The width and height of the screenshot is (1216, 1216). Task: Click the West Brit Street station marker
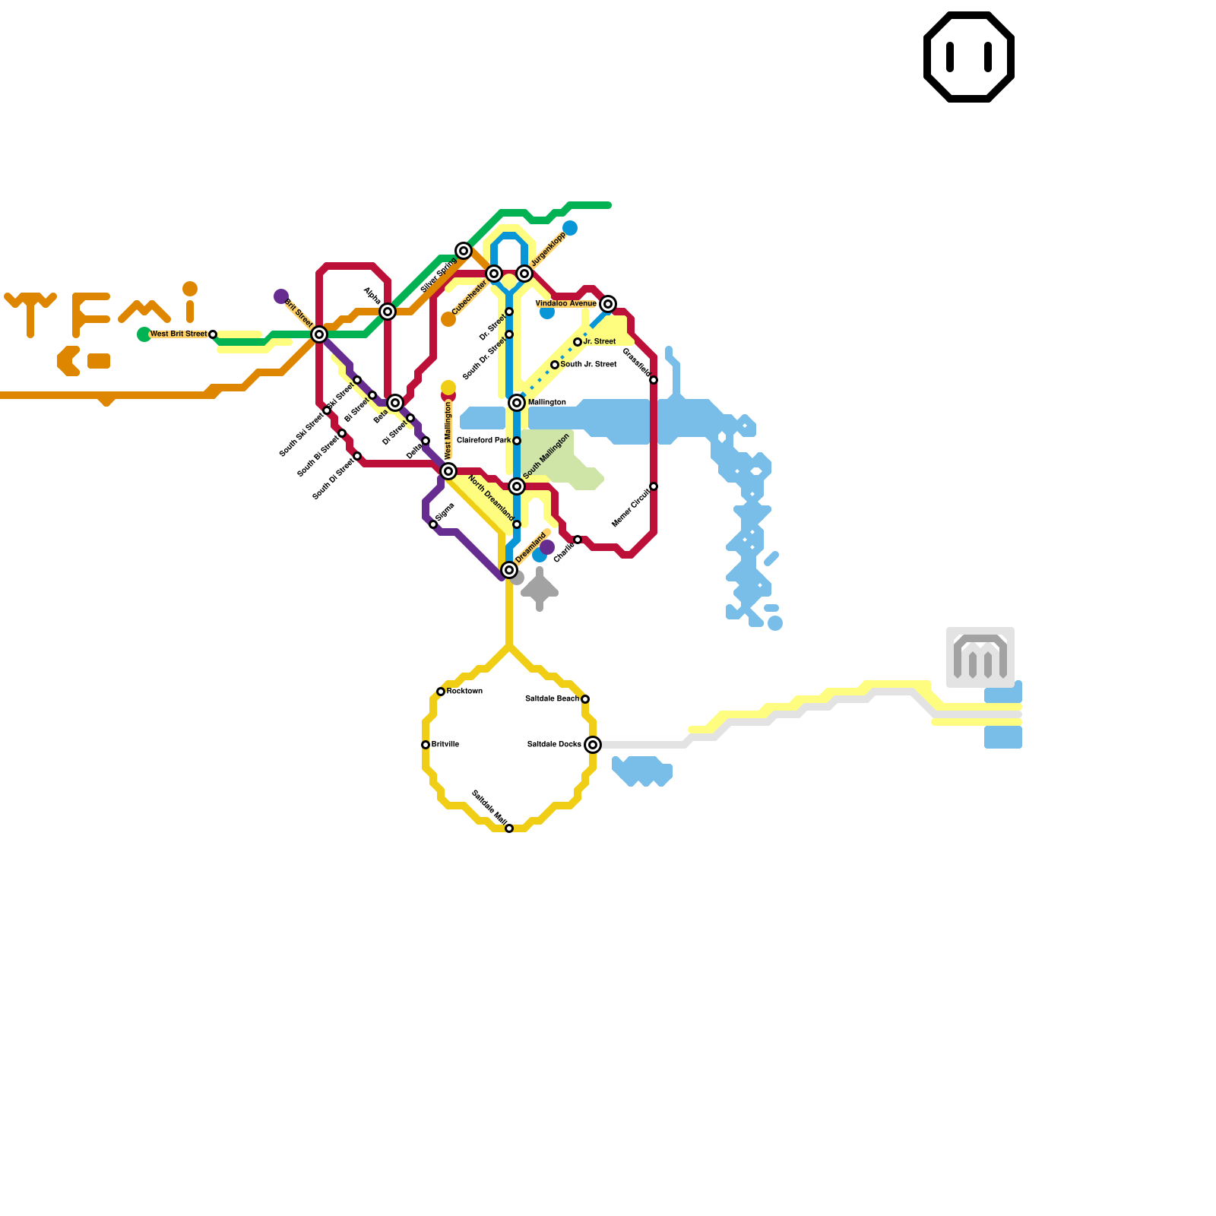(x=213, y=334)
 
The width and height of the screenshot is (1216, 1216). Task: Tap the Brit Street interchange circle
(x=319, y=334)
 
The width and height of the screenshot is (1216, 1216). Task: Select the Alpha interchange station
(x=388, y=312)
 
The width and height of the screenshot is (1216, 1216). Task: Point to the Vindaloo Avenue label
(x=565, y=304)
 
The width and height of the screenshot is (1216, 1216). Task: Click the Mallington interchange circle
(x=517, y=403)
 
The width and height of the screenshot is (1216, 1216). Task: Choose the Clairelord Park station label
(x=483, y=441)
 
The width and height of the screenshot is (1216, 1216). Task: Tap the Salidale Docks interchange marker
(x=593, y=745)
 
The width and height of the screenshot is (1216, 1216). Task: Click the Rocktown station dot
(x=441, y=692)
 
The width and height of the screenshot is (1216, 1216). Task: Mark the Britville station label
(x=445, y=745)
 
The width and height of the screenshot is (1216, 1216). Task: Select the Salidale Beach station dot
(x=585, y=699)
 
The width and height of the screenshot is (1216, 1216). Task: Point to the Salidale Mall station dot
(x=509, y=828)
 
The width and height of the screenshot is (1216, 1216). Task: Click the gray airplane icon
(x=540, y=589)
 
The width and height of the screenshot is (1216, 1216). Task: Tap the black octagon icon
(x=969, y=57)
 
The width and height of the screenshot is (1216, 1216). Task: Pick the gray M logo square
(x=980, y=657)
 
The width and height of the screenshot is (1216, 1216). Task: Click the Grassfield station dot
(x=654, y=380)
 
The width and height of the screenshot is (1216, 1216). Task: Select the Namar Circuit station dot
(x=654, y=486)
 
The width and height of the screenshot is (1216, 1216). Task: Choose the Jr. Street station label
(x=600, y=342)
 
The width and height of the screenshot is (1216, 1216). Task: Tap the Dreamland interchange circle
(x=509, y=570)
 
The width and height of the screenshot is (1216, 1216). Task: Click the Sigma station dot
(x=433, y=524)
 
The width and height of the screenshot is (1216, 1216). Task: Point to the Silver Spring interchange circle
(x=464, y=251)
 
